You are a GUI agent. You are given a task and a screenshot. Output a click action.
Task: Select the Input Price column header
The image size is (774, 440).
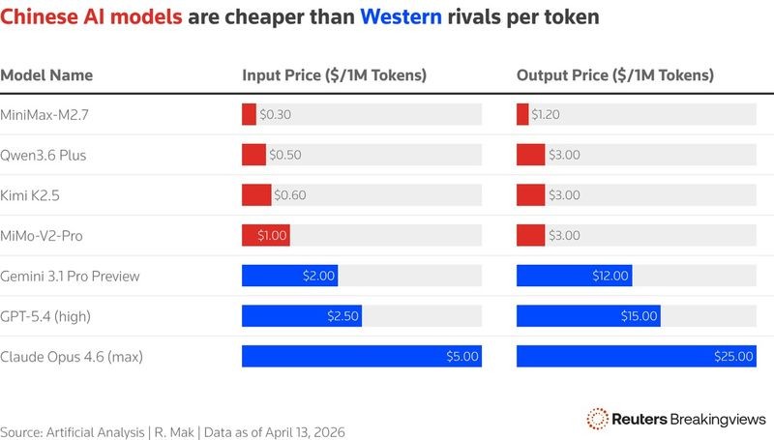tap(334, 75)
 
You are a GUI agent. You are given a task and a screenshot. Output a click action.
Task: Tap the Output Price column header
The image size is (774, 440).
tap(615, 75)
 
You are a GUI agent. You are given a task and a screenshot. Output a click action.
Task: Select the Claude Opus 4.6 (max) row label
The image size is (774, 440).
tap(72, 357)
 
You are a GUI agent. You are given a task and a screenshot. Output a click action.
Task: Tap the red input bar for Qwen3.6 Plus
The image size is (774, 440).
tap(253, 155)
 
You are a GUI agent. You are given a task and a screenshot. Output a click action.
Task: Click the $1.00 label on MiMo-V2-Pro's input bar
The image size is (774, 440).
tap(272, 235)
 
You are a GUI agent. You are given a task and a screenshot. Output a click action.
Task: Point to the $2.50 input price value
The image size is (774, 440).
tap(342, 316)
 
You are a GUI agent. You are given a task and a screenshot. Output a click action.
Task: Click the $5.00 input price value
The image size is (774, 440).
tap(461, 357)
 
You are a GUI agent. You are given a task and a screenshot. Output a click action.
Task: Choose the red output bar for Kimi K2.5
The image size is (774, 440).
tap(531, 194)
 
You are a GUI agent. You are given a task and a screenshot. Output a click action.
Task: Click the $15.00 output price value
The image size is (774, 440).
tap(639, 316)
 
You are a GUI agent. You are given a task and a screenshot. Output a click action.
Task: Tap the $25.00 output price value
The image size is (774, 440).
tap(733, 357)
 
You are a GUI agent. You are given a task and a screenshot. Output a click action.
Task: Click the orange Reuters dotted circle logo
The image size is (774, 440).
tap(597, 418)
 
